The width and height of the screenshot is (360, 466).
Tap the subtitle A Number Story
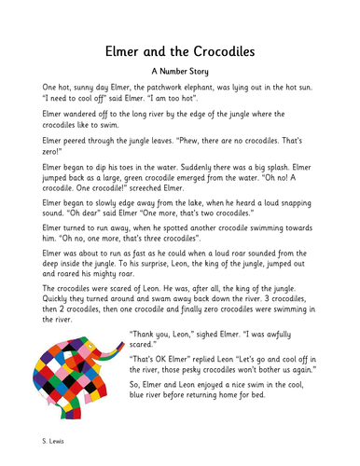179,69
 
